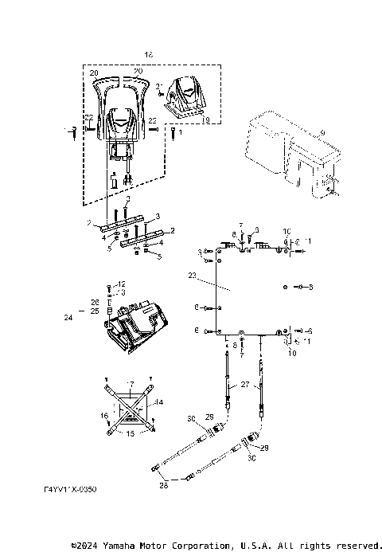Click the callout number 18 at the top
coord(148,53)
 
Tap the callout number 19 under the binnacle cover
coord(205,120)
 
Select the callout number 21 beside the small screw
coord(159,85)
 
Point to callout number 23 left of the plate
coord(191,275)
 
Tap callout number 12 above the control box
coord(121,284)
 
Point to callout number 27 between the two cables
coord(245,384)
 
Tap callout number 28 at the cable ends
coord(163,483)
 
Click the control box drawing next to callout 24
coord(136,327)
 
